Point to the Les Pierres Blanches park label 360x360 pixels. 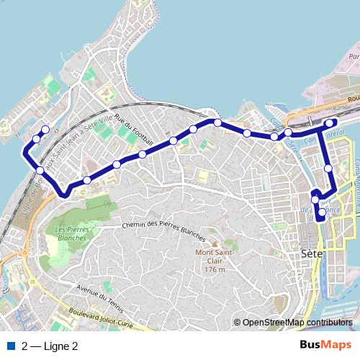click(x=70, y=234)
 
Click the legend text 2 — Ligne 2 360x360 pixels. click(x=50, y=346)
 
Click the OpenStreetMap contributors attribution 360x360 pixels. click(x=297, y=323)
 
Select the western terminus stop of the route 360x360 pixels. click(x=45, y=130)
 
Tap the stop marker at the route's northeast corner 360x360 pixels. click(x=332, y=122)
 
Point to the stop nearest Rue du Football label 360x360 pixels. click(x=143, y=154)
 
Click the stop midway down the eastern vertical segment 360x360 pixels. click(x=328, y=168)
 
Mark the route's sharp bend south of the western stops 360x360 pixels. click(x=66, y=193)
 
